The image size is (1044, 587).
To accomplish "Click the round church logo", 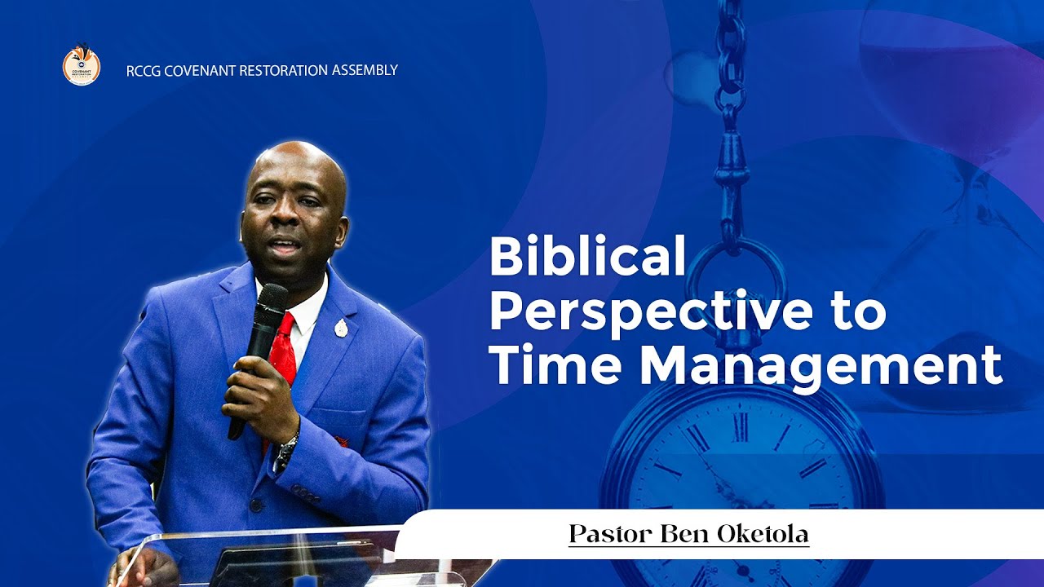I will tap(82, 66).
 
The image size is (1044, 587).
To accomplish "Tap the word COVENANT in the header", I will tap(200, 71).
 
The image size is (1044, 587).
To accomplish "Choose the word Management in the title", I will tap(821, 366).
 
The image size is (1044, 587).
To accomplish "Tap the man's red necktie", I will tap(282, 351).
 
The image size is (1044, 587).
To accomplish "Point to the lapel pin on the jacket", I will tap(341, 329).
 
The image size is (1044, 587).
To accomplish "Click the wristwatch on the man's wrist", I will tap(285, 449).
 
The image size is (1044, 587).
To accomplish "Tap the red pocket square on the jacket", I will tap(340, 441).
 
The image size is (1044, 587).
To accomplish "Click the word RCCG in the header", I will tap(144, 71).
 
